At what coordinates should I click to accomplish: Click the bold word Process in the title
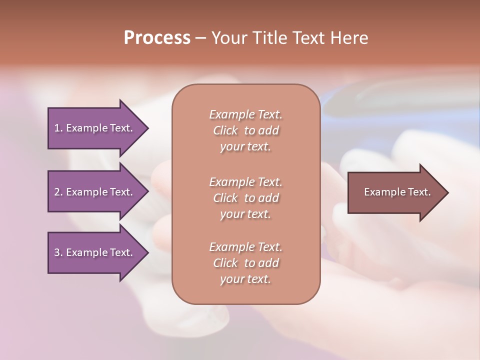pyautogui.click(x=157, y=38)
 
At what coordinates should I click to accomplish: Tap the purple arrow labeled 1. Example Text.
pyautogui.click(x=95, y=128)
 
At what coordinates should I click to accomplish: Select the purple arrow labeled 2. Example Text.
pyautogui.click(x=95, y=192)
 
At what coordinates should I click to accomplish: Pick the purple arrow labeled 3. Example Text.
pyautogui.click(x=95, y=252)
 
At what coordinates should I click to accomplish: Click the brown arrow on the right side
pyautogui.click(x=395, y=192)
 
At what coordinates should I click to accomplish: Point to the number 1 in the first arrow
pyautogui.click(x=57, y=128)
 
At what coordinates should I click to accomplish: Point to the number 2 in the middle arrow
pyautogui.click(x=57, y=192)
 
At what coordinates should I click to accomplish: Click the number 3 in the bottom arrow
pyautogui.click(x=57, y=252)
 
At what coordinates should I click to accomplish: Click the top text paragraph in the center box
pyautogui.click(x=245, y=130)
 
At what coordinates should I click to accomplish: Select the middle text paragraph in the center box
pyautogui.click(x=245, y=198)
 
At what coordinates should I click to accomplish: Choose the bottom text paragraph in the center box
pyautogui.click(x=245, y=263)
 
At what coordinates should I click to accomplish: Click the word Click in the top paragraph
pyautogui.click(x=225, y=131)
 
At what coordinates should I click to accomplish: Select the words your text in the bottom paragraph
pyautogui.click(x=245, y=279)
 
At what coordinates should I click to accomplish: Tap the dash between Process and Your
pyautogui.click(x=201, y=38)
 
